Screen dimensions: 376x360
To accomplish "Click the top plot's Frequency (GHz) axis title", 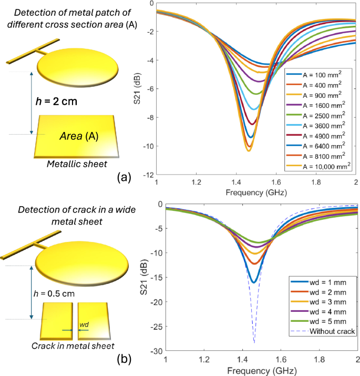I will tap(256, 192).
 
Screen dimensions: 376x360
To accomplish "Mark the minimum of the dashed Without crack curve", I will tap(254, 343).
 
